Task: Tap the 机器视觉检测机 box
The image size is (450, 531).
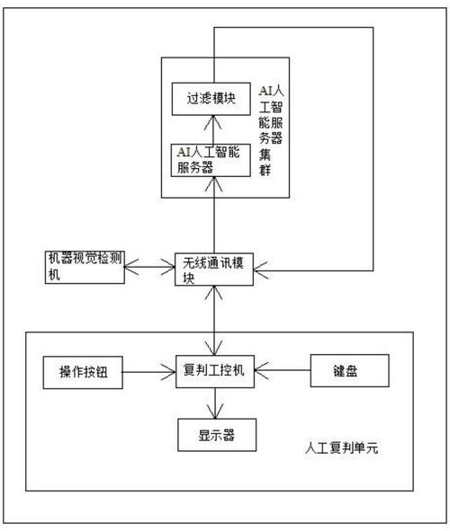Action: tap(85, 268)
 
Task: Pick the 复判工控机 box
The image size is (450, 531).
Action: tap(215, 370)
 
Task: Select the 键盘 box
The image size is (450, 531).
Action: tap(349, 371)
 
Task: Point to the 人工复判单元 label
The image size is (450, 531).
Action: tap(341, 447)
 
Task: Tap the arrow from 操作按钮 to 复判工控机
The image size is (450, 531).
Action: tap(149, 369)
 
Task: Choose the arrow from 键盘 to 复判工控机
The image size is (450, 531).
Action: tap(283, 369)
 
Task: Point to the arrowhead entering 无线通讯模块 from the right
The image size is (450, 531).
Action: tap(264, 266)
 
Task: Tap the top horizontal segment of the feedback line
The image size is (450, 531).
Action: tap(292, 28)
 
